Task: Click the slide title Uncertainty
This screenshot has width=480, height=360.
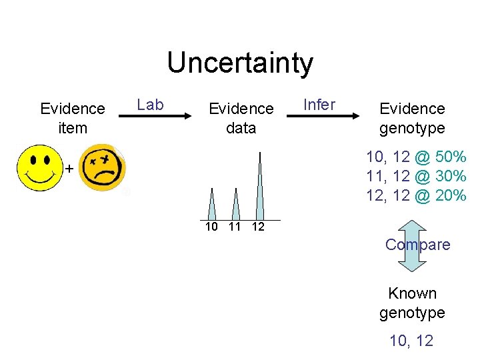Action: [240, 63]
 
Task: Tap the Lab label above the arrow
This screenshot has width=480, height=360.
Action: [150, 105]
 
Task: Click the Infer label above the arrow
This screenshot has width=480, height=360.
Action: [319, 105]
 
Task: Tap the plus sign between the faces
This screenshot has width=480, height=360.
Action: [69, 169]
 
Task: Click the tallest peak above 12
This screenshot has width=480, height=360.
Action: [259, 187]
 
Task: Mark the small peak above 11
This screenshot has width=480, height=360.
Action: [235, 205]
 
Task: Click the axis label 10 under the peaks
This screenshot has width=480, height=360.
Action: [212, 227]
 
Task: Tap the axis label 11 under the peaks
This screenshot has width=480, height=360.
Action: [235, 227]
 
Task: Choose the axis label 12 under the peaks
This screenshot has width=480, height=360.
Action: [258, 227]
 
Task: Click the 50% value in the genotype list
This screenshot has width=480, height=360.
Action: [450, 158]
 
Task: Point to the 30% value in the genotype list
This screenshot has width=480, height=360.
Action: [450, 177]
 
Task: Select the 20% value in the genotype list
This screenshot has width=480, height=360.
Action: [450, 195]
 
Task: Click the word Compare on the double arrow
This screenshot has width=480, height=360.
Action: [418, 245]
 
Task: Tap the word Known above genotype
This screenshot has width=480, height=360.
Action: [413, 293]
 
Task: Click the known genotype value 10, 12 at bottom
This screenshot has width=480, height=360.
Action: [411, 341]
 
